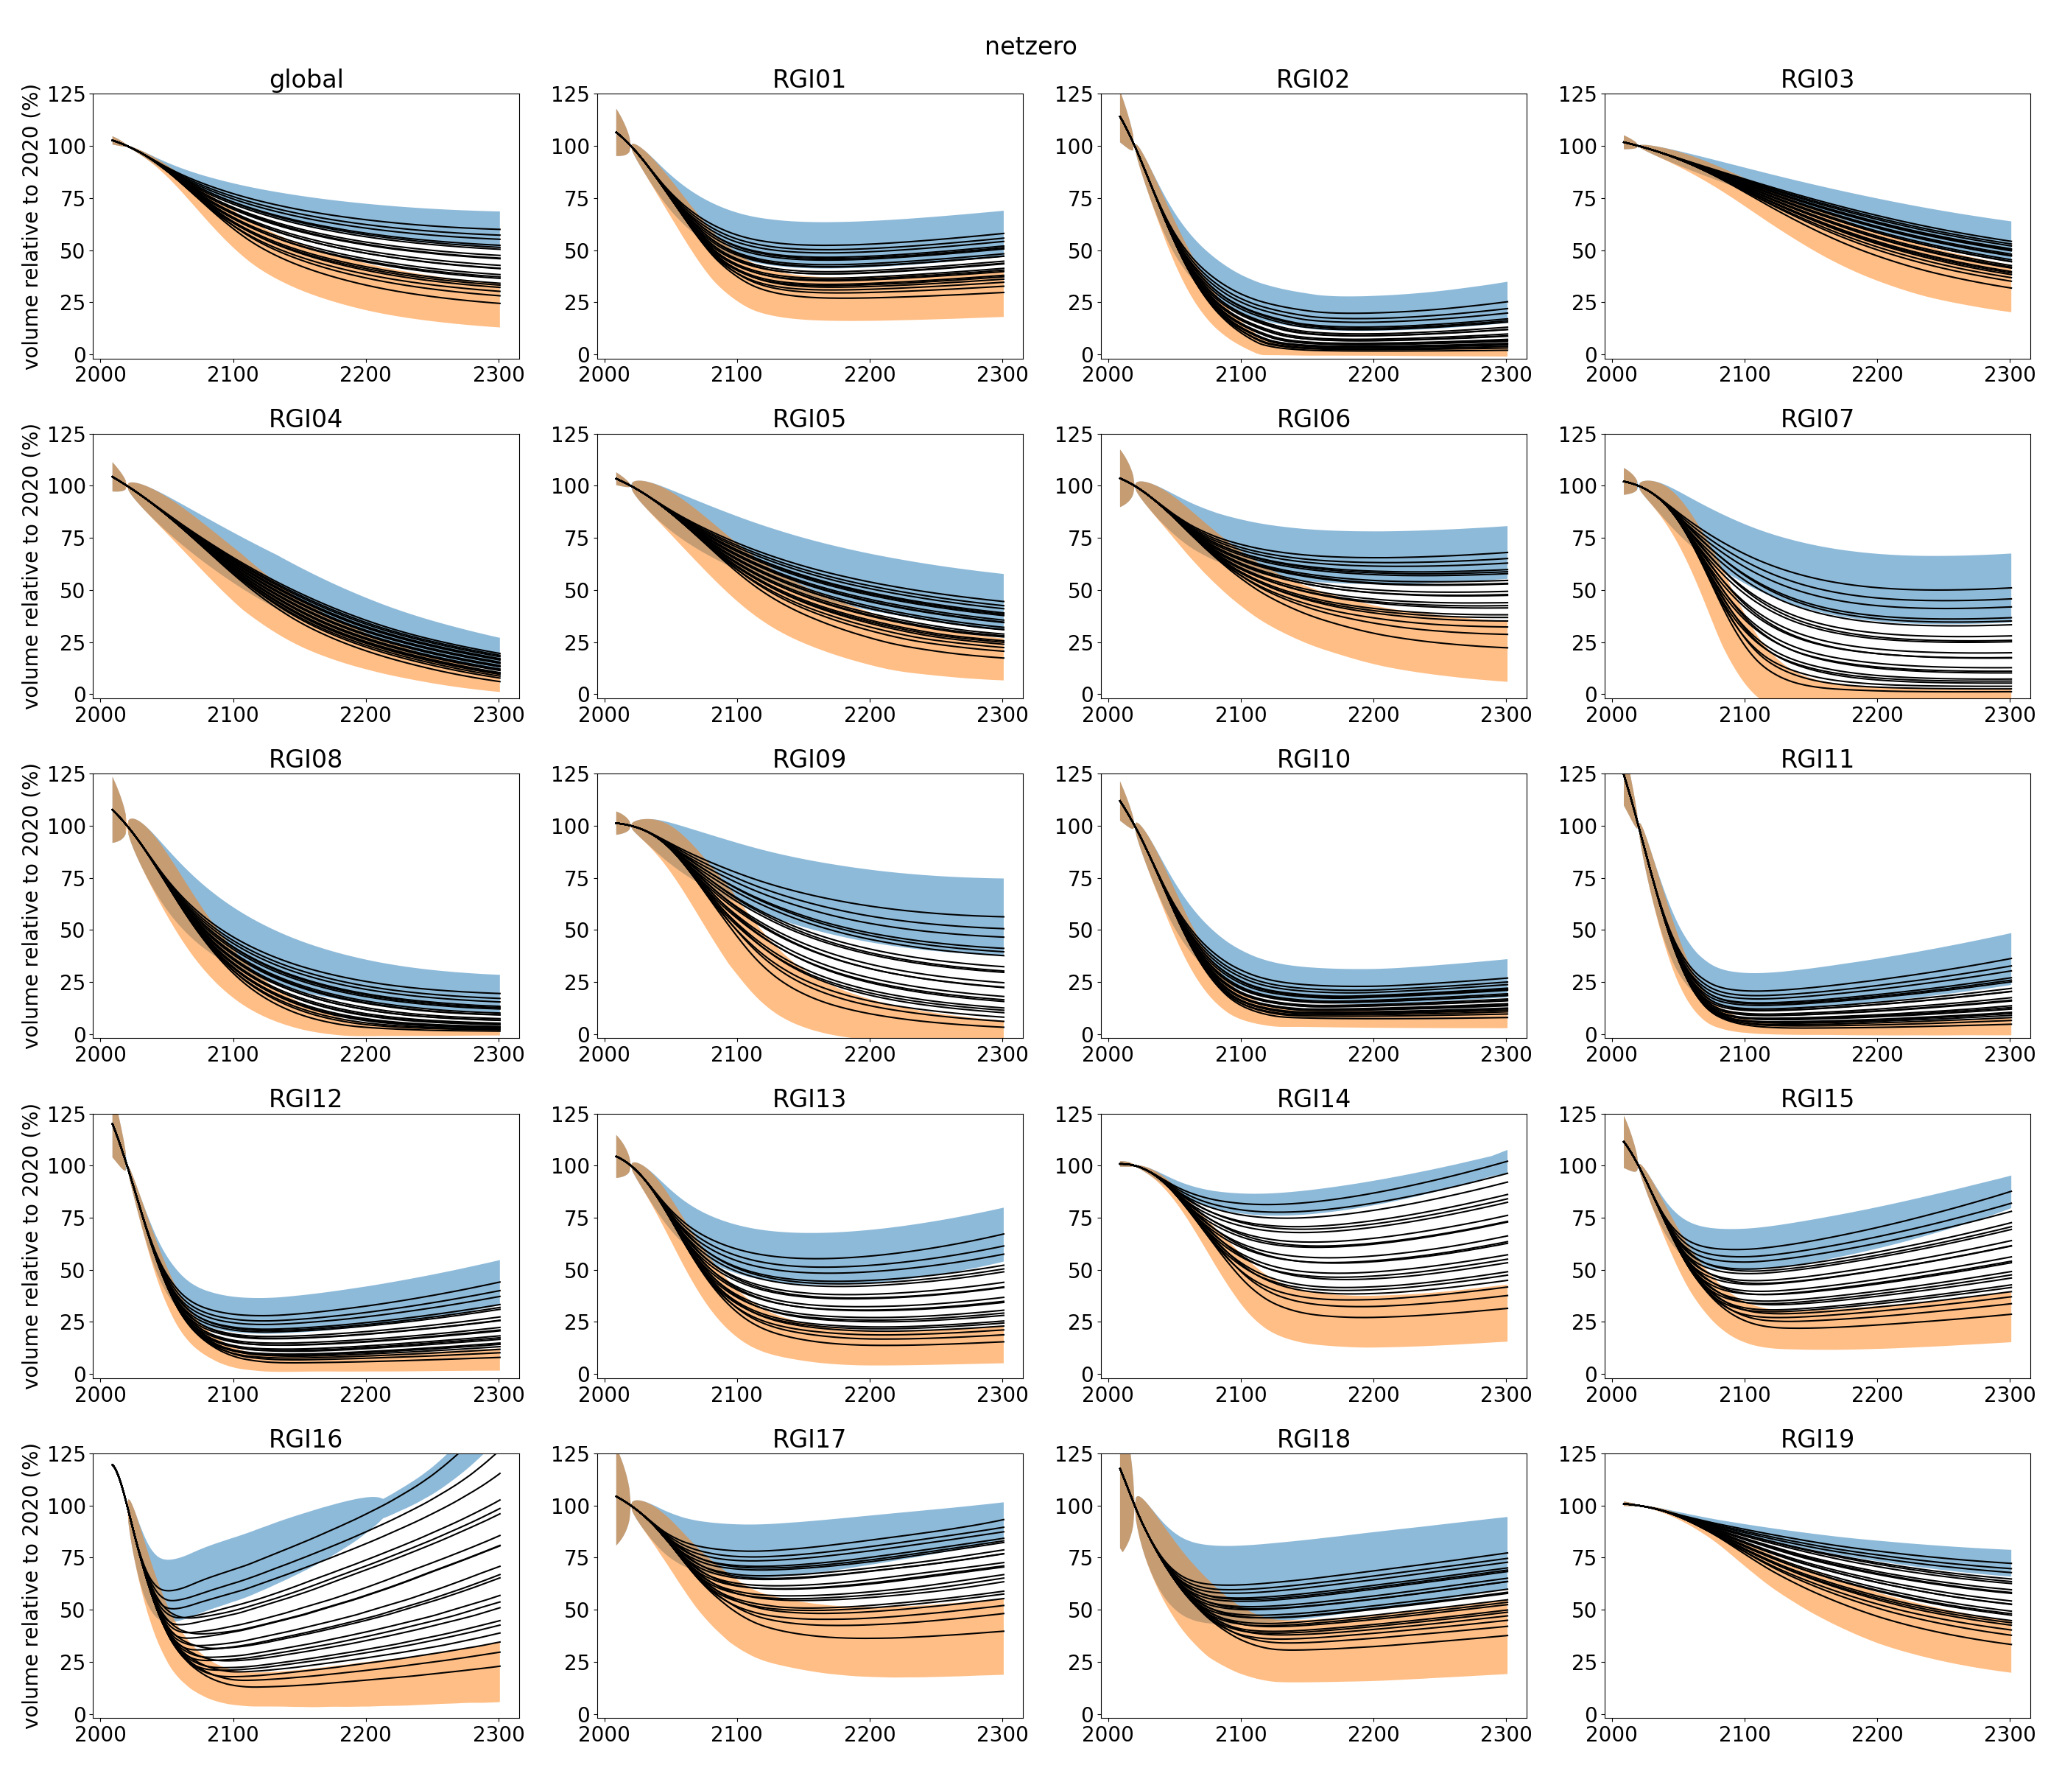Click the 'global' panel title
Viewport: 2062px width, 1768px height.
[x=306, y=79]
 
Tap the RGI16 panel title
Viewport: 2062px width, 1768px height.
[x=306, y=1439]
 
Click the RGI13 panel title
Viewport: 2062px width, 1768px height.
[x=809, y=1098]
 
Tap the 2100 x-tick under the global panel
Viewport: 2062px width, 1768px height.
[x=233, y=374]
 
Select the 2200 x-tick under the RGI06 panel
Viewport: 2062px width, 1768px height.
[x=1373, y=715]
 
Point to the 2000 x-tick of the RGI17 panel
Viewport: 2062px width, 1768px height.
[x=604, y=1734]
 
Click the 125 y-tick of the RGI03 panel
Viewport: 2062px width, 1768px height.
[x=1577, y=94]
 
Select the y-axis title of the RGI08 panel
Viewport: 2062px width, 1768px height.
[x=32, y=906]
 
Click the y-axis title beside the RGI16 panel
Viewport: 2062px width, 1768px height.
[x=32, y=1586]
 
